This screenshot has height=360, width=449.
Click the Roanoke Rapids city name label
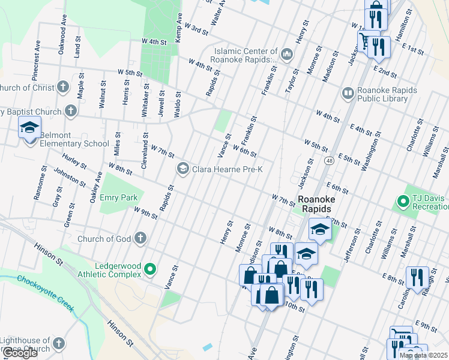coord(315,203)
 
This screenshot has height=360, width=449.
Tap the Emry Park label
coord(119,197)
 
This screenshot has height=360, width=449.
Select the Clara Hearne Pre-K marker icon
coord(182,170)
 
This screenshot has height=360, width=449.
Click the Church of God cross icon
coord(140,239)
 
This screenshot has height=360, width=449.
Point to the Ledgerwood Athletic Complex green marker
coord(151,269)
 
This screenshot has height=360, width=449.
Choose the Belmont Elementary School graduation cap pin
coord(29,128)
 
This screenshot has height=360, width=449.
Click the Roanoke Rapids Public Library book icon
coord(348,94)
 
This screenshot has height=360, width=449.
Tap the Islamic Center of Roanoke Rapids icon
coord(286,55)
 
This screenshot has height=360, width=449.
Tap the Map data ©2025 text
coord(423,355)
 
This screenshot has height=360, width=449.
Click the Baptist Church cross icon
coord(71,112)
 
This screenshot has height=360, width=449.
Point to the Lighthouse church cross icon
coord(58,344)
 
